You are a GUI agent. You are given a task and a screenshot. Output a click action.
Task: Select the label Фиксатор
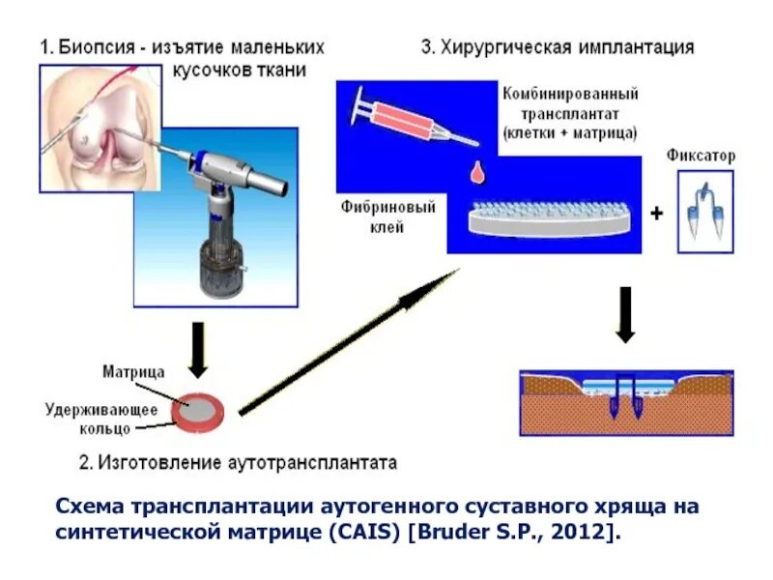701,155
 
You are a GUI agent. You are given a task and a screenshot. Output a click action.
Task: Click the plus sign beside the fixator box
657,213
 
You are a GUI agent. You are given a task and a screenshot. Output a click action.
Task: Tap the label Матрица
133,371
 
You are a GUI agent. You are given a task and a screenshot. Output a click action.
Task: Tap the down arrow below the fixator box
625,314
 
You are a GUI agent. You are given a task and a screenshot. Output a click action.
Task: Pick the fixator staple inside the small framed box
704,212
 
